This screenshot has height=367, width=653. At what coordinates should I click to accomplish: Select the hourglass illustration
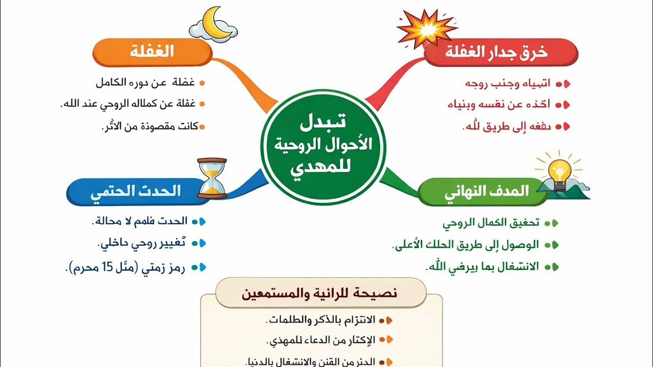tap(211, 178)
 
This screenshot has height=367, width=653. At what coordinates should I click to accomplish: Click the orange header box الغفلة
tap(152, 52)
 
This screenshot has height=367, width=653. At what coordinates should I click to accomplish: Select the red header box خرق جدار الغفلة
tap(500, 53)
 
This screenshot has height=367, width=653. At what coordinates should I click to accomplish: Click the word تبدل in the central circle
tap(322, 122)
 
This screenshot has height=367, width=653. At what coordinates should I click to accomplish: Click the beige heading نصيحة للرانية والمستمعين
tap(320, 294)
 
